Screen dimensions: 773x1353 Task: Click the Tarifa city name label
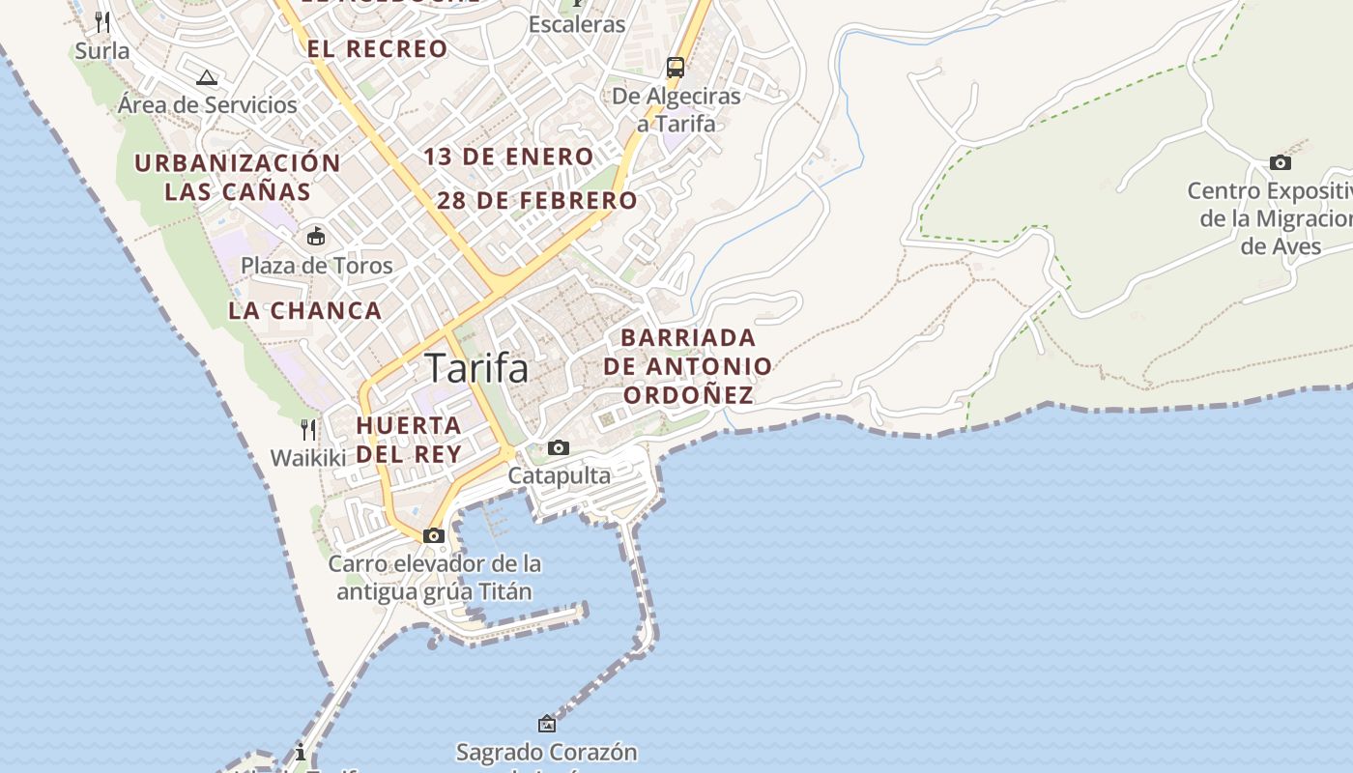pyautogui.click(x=476, y=368)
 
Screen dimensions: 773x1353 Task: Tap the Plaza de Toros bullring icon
pyautogui.click(x=316, y=236)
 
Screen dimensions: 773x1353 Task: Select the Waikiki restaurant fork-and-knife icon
pyautogui.click(x=308, y=429)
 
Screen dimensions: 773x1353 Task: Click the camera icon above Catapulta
pyautogui.click(x=559, y=447)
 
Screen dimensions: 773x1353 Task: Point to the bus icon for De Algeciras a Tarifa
pyautogui.click(x=676, y=68)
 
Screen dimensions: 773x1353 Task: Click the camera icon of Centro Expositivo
pyautogui.click(x=1281, y=162)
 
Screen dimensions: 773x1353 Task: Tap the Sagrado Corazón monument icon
pyautogui.click(x=547, y=723)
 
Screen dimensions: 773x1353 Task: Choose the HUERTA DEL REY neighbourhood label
pyautogui.click(x=409, y=439)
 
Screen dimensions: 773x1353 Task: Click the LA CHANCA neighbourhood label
pyautogui.click(x=305, y=310)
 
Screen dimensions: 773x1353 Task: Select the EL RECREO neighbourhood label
pyautogui.click(x=378, y=48)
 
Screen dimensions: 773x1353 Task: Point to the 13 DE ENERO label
pyautogui.click(x=508, y=157)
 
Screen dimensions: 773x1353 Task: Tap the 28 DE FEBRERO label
pyautogui.click(x=537, y=201)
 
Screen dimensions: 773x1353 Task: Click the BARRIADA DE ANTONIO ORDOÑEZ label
pyautogui.click(x=688, y=366)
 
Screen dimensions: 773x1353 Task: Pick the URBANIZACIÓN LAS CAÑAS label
pyautogui.click(x=238, y=177)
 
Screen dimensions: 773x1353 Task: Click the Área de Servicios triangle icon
pyautogui.click(x=206, y=77)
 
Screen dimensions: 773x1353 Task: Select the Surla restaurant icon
pyautogui.click(x=102, y=21)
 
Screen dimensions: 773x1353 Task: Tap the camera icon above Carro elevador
pyautogui.click(x=434, y=535)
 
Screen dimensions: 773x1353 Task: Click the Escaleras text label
pyautogui.click(x=577, y=24)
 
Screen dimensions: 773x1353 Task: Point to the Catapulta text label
pyautogui.click(x=560, y=475)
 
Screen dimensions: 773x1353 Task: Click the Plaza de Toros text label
pyautogui.click(x=317, y=266)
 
